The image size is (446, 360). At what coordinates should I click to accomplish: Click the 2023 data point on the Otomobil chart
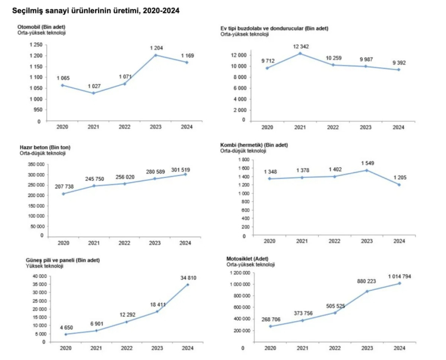click(156, 55)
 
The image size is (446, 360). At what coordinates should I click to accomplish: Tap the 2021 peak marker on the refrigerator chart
click(300, 54)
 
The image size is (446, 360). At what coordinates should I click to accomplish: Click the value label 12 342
click(300, 46)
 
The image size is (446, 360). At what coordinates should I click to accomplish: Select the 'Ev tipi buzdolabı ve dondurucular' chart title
click(274, 28)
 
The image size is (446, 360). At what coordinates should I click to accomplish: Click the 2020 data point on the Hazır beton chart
click(63, 194)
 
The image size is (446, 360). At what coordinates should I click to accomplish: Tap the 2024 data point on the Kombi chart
click(400, 185)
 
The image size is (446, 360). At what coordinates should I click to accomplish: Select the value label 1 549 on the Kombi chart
click(368, 164)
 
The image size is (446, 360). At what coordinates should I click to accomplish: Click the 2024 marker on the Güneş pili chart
click(188, 284)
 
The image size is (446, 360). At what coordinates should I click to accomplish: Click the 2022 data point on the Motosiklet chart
click(334, 313)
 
